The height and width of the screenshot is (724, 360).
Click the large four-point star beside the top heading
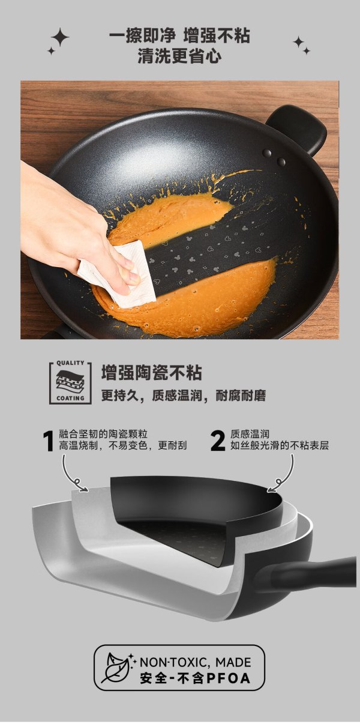60,37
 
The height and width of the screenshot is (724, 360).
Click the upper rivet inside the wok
268,153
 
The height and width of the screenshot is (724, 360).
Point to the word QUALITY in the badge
70,363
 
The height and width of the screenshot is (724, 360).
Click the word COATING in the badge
70,398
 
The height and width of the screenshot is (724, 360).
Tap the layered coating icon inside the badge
70,381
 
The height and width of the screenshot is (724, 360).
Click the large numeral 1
49,441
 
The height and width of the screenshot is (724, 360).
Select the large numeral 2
218,441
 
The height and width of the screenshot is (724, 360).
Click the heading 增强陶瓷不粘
152,373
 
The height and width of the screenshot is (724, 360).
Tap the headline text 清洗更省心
179,56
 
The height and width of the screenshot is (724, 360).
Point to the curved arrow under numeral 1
73,475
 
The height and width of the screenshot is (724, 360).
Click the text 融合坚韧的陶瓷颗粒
103,434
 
